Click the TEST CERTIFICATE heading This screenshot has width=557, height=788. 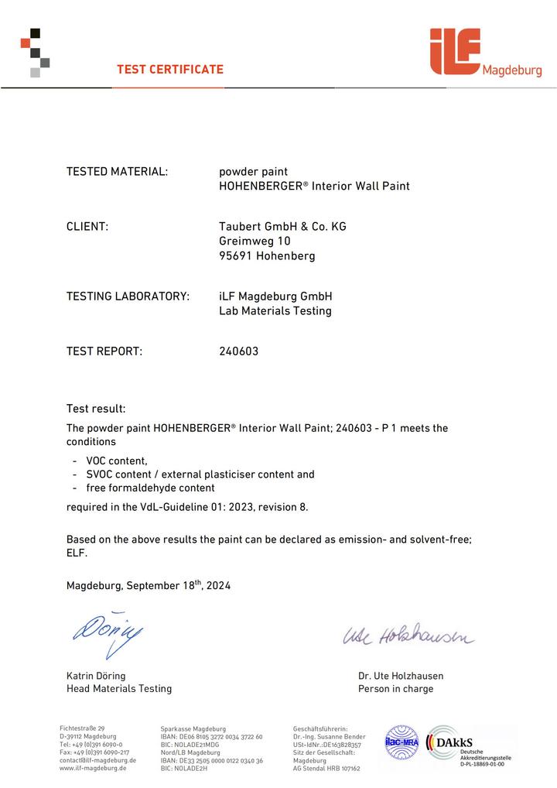pyautogui.click(x=170, y=70)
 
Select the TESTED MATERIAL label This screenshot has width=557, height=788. pyautogui.click(x=117, y=171)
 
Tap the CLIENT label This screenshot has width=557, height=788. pyautogui.click(x=87, y=227)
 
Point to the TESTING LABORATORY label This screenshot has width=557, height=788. pyautogui.click(x=128, y=296)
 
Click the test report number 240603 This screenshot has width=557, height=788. pyautogui.click(x=239, y=351)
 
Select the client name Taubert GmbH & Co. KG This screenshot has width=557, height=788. pyautogui.click(x=282, y=227)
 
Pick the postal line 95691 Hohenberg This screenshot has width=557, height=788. pyautogui.click(x=267, y=256)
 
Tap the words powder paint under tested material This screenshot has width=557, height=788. pyautogui.click(x=253, y=171)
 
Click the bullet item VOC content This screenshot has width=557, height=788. pyautogui.click(x=117, y=461)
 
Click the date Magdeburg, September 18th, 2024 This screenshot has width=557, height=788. pyautogui.click(x=149, y=586)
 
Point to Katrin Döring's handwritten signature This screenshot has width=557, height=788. pyautogui.click(x=108, y=637)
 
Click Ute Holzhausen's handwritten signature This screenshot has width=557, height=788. pyautogui.click(x=408, y=637)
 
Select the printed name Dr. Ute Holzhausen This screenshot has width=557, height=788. pyautogui.click(x=401, y=676)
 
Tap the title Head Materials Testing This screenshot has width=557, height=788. pyautogui.click(x=119, y=689)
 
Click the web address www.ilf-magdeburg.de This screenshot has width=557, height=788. pyautogui.click(x=93, y=769)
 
